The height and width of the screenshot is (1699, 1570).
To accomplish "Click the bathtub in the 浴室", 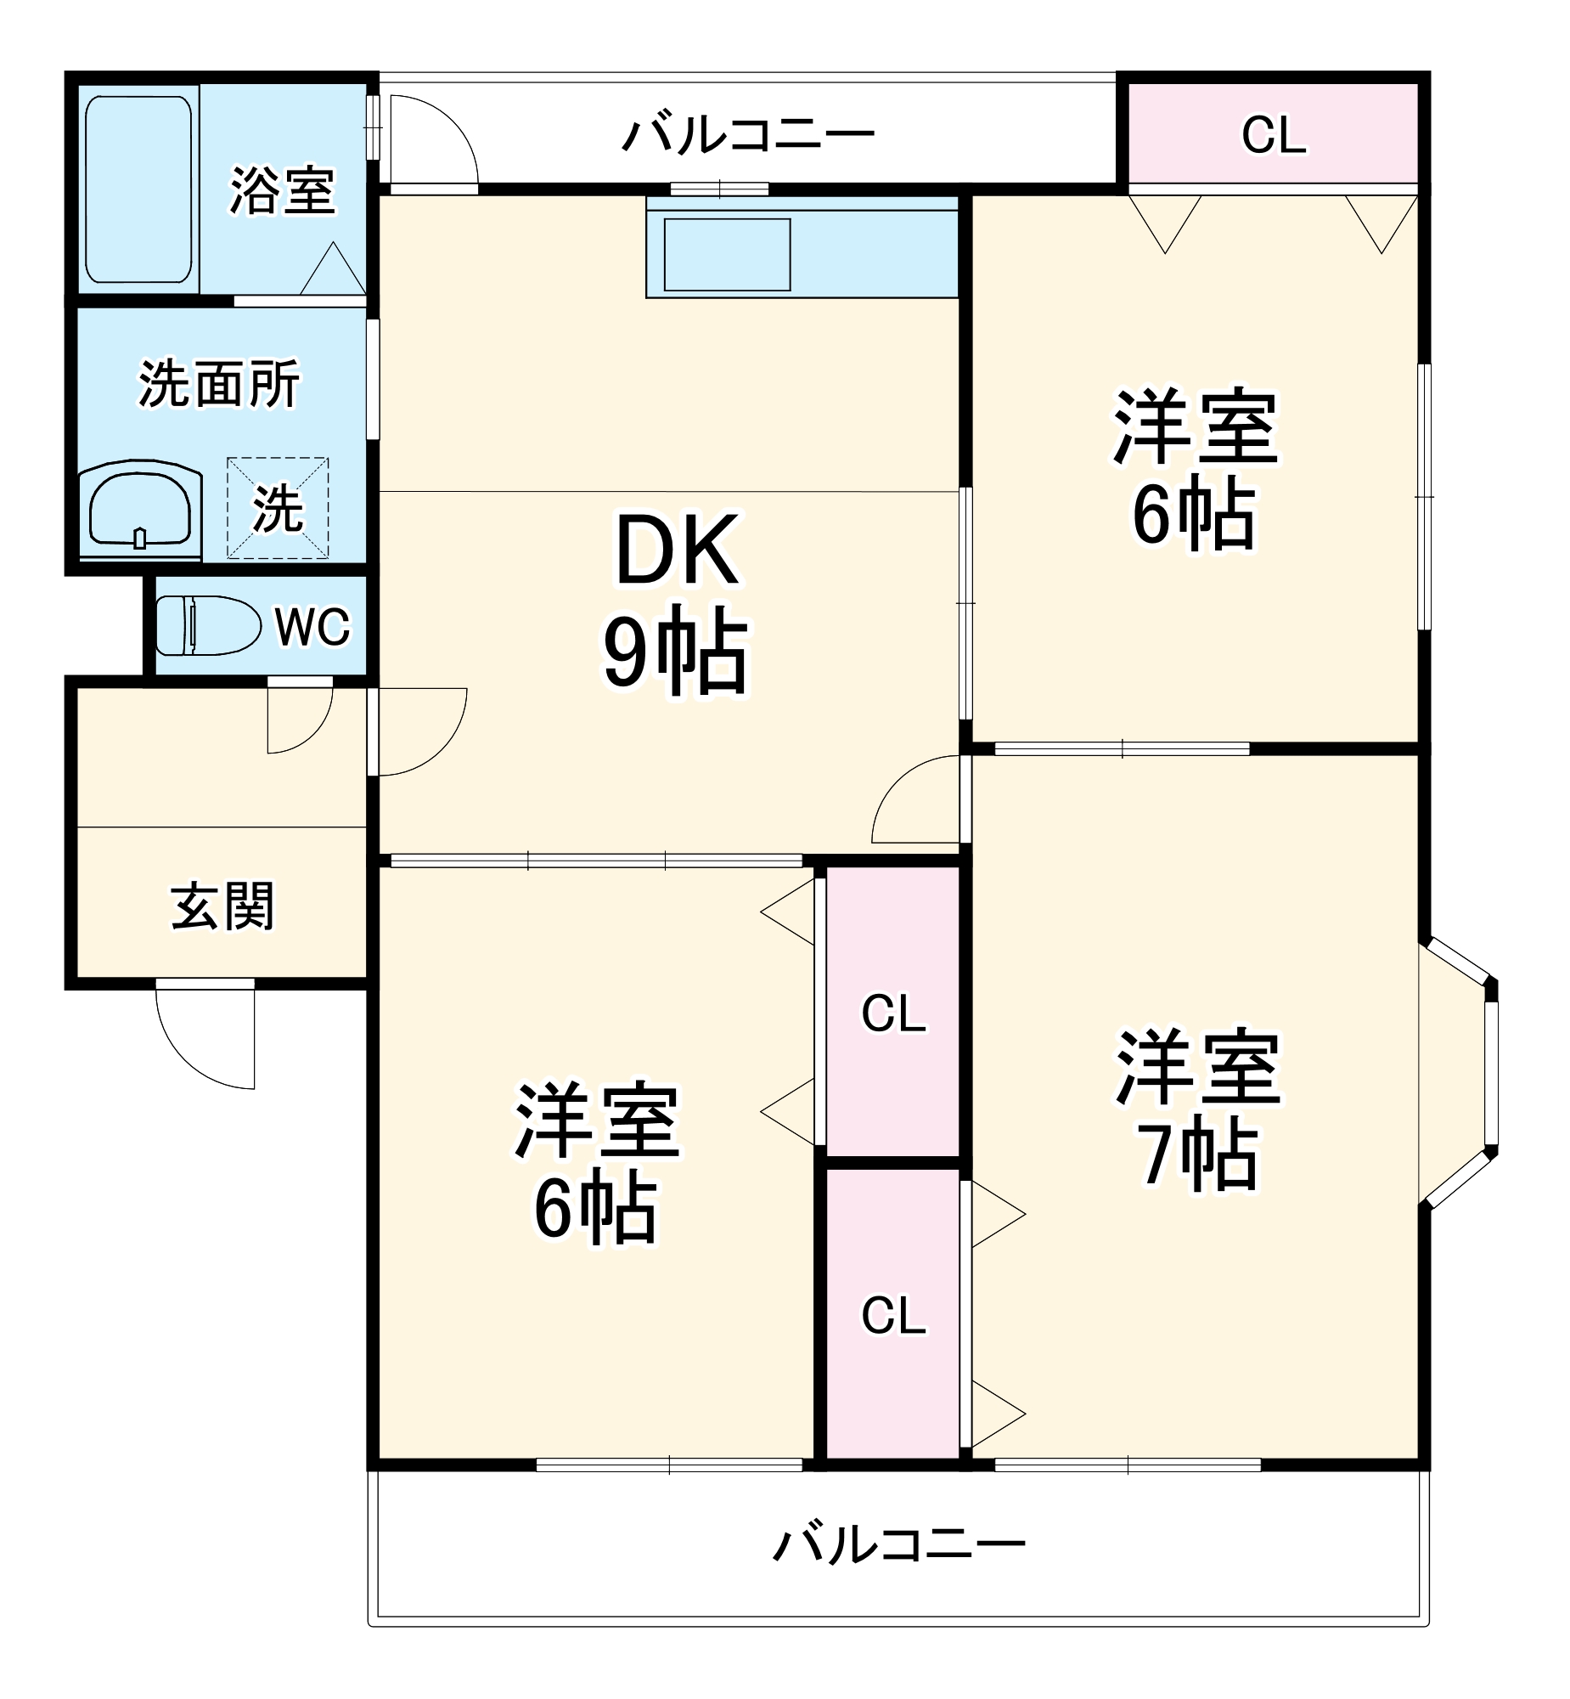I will point(138,189).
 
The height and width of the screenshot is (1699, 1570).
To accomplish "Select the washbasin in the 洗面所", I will point(140,508).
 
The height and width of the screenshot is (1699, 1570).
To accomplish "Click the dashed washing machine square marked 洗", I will point(278,508).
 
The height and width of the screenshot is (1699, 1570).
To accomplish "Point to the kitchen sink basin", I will point(727,255).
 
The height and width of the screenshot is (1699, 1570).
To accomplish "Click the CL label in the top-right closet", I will point(1273,135).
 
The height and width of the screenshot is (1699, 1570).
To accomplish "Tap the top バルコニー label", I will point(747,135).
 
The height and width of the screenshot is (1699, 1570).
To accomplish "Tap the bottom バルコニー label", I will point(899,1544).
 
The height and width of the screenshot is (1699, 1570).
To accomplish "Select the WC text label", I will point(312,627).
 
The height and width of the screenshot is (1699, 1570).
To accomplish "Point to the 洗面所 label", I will point(219,384).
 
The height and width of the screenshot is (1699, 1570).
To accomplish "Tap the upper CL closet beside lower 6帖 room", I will point(893,1013).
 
